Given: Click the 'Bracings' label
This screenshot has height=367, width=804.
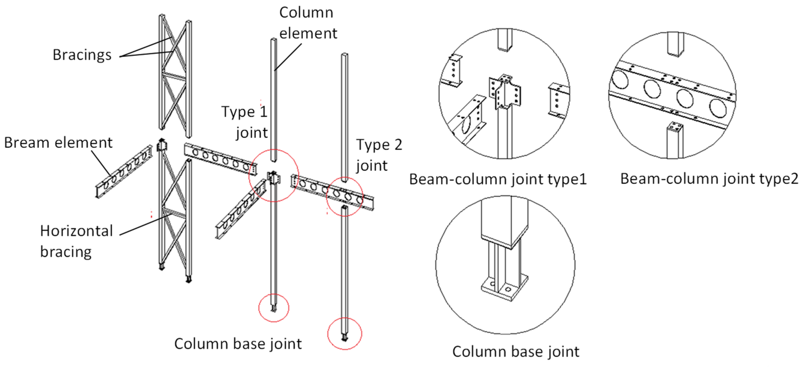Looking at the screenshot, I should coord(82,55).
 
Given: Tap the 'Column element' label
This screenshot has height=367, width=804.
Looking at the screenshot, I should coord(308,23).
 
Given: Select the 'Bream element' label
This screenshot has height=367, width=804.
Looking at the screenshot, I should coord(58,143).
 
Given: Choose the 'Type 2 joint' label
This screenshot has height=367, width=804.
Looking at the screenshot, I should coord(379,155).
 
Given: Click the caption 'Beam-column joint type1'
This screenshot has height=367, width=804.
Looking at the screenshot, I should coord(498,179).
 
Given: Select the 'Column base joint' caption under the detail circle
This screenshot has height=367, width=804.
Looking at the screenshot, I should coord(516,351).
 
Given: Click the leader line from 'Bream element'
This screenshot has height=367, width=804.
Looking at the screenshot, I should coord(101,163).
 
